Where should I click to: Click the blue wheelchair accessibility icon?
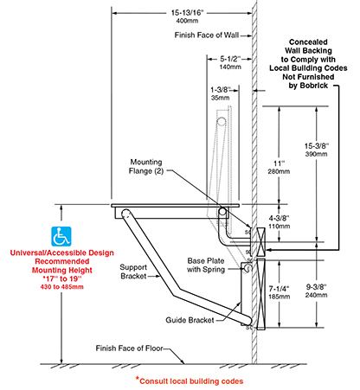pos(61,236)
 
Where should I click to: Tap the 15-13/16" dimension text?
pos(187,13)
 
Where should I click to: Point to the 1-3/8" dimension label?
pos(220,90)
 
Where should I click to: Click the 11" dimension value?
pos(280,163)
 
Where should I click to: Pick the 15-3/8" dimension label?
pos(317,146)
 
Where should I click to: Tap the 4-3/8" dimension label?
pos(279,218)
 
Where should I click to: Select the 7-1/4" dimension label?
pos(279,289)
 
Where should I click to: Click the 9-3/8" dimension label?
pos(317,287)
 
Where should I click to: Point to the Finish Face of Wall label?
pos(207,35)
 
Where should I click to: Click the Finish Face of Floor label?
pos(130,348)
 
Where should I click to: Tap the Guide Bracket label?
pos(190,320)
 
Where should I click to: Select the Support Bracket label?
pos(133,272)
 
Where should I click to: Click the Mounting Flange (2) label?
pos(146,166)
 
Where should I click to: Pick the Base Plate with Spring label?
pos(206,265)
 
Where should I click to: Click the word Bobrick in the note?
pos(313,86)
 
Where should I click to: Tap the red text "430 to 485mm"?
pos(62,287)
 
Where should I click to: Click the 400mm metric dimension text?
pos(187,21)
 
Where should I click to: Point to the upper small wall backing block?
pos(260,242)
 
